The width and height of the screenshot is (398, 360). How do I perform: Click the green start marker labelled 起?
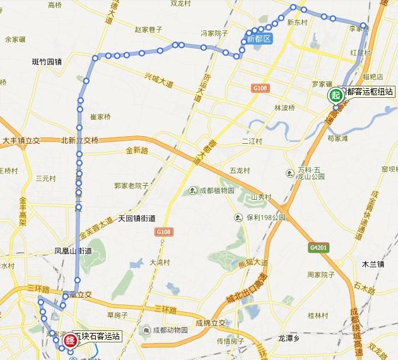pyautogui.click(x=336, y=95)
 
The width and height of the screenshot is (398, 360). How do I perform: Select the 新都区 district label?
pyautogui.click(x=259, y=39)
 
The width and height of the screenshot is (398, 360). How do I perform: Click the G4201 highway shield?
pyautogui.click(x=319, y=248)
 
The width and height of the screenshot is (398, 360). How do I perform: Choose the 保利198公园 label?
pyautogui.click(x=266, y=217)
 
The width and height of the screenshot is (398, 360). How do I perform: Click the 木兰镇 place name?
pyautogui.click(x=373, y=264)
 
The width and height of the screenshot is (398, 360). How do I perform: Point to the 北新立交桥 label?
pyautogui.click(x=79, y=141)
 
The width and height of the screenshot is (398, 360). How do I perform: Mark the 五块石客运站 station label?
pyautogui.click(x=98, y=336)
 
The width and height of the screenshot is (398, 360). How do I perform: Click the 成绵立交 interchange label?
pyautogui.click(x=211, y=323)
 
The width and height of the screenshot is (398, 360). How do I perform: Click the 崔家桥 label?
pyautogui.click(x=101, y=117)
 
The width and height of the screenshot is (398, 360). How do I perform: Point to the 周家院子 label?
pyautogui.click(x=320, y=274)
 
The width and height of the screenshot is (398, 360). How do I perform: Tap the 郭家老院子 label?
pyautogui.click(x=131, y=185)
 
